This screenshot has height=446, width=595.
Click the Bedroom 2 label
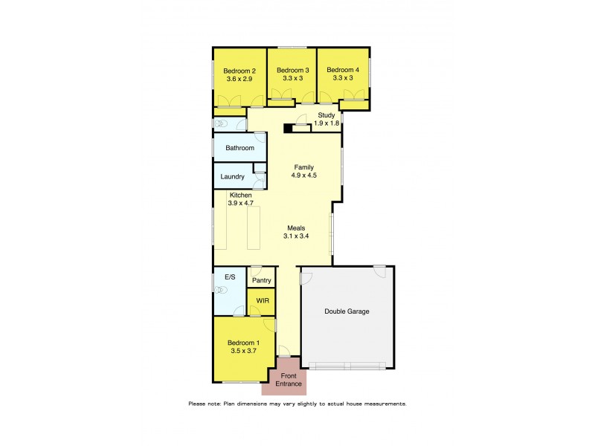(239, 71)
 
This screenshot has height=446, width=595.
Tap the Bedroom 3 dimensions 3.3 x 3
(292, 77)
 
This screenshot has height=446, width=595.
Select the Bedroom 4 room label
(343, 71)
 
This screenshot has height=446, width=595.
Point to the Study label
(327, 115)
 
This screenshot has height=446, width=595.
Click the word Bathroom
(240, 148)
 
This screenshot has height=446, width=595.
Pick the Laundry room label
(233, 177)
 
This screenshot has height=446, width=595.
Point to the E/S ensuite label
(230, 277)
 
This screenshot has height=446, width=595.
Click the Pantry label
(261, 280)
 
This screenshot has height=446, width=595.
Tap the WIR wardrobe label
(262, 300)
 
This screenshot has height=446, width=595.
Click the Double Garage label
(347, 311)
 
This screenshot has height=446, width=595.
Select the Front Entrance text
(288, 380)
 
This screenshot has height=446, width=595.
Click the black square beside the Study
(286, 128)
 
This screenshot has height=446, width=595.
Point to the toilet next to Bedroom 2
(221, 123)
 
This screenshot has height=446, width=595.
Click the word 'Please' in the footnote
(198, 404)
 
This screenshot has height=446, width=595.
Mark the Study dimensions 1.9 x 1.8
(327, 123)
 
